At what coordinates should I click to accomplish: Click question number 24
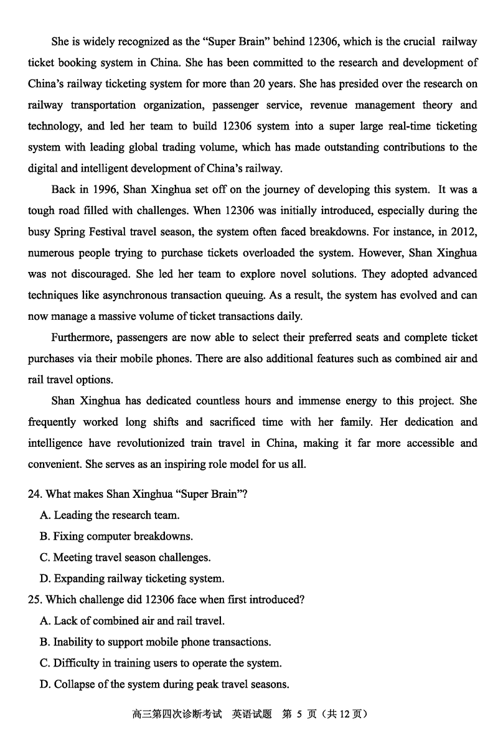click(35, 494)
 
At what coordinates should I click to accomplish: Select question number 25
click(35, 600)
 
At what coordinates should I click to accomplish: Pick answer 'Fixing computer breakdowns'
click(123, 536)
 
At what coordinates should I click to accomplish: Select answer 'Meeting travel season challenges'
click(131, 558)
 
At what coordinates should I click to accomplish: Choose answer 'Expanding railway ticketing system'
click(138, 579)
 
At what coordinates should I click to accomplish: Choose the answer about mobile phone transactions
click(161, 642)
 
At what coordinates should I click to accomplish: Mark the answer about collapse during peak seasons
click(171, 685)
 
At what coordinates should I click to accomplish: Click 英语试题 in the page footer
click(252, 714)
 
